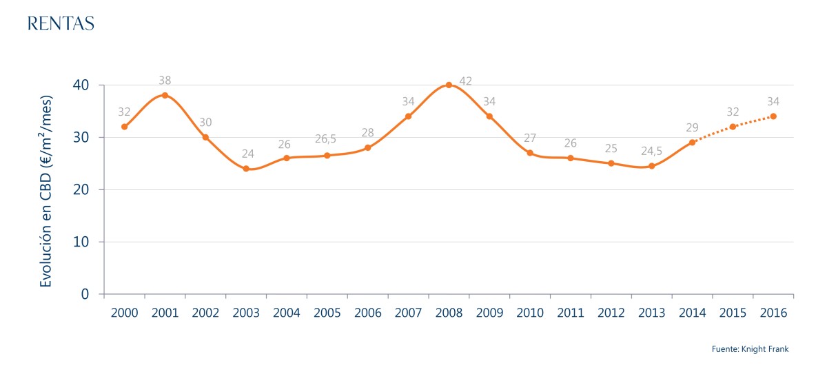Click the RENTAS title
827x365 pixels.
60,23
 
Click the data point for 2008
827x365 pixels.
449,85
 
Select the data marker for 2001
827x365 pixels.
165,95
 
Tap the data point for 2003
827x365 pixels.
246,168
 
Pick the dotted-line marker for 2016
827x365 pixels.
773,116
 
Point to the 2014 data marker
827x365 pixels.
692,142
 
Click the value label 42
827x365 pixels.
465,81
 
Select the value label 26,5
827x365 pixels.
325,139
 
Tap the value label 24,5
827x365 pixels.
651,149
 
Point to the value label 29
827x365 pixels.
692,127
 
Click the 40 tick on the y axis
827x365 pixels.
81,85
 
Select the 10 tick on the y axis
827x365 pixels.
81,242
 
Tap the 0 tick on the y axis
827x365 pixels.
85,294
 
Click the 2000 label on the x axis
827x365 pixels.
124,312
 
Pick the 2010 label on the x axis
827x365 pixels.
530,312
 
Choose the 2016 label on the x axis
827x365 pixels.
773,312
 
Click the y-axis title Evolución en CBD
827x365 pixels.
47,191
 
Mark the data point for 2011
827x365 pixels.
571,158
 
